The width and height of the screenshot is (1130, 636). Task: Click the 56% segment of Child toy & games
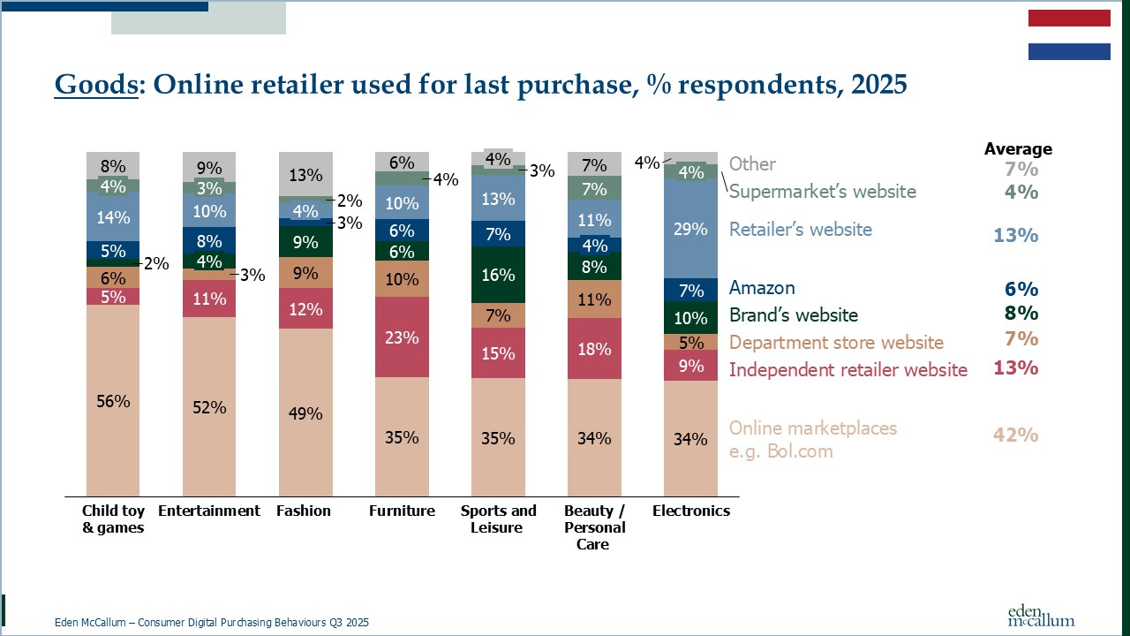coord(113,400)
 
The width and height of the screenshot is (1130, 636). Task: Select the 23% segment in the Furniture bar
coord(402,337)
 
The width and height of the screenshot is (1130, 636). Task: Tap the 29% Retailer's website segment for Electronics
coord(690,229)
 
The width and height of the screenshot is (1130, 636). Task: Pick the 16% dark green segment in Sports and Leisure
coord(498,275)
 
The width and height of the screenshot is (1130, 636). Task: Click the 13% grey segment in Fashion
coord(305,174)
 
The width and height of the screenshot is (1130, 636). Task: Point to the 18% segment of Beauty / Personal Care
coord(594,348)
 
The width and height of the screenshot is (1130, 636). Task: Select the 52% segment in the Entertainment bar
coord(209,406)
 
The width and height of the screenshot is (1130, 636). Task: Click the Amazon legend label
coord(762,288)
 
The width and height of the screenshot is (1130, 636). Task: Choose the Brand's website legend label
coord(793,314)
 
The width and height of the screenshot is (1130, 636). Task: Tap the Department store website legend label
coord(836,342)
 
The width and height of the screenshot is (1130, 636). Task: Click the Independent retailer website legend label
coord(847,369)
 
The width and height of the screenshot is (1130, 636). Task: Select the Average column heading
coord(1018,149)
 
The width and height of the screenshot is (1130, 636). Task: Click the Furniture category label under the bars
coord(402,511)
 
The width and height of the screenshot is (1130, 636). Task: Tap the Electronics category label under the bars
coord(691,511)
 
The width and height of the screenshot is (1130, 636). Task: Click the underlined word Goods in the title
coord(96,85)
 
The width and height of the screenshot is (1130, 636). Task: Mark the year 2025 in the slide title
coord(873,85)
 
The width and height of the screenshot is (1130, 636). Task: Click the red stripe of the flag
coord(1069,19)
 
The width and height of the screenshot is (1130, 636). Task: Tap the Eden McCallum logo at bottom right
coord(1041,615)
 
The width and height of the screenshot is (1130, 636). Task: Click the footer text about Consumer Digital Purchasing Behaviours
coord(212,623)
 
